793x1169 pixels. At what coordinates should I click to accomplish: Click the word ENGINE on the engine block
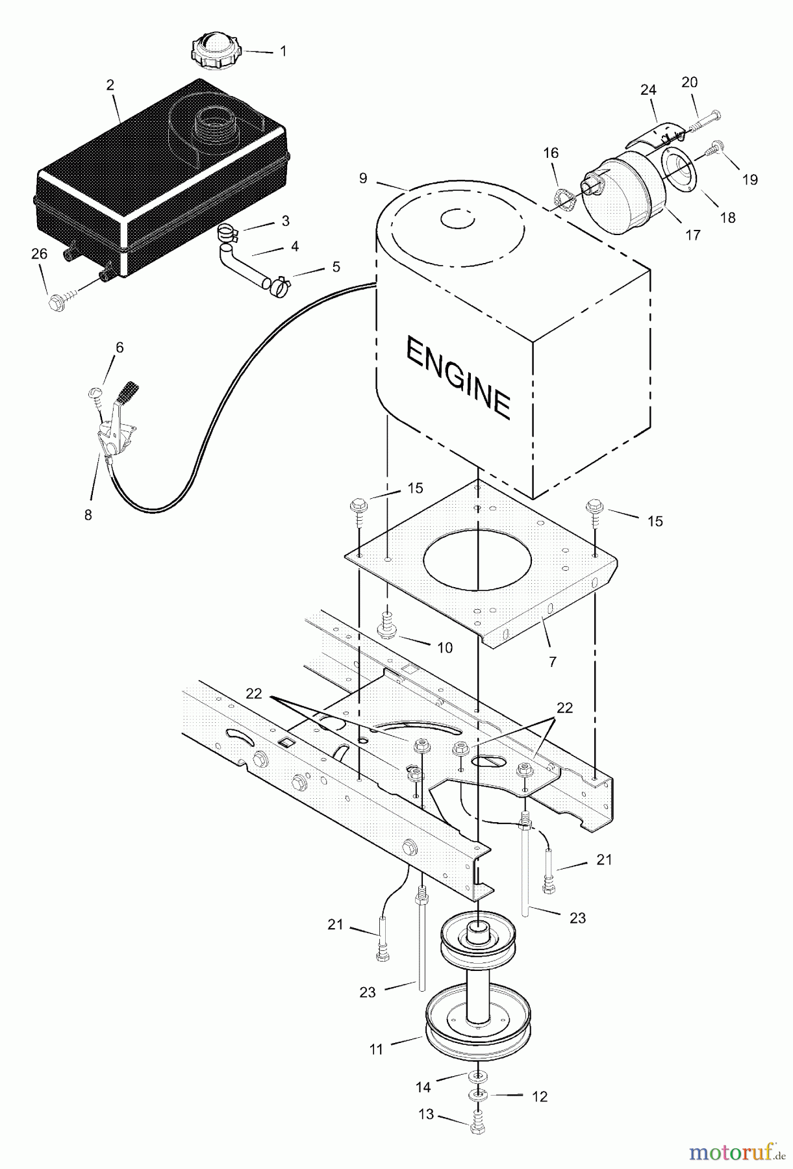click(458, 377)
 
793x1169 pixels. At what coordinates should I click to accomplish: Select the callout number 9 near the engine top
click(363, 177)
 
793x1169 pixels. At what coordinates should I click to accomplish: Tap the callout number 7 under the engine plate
click(553, 662)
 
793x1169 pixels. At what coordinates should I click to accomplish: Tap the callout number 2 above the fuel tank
click(110, 84)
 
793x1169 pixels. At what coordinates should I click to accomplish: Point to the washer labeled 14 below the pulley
click(479, 1076)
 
